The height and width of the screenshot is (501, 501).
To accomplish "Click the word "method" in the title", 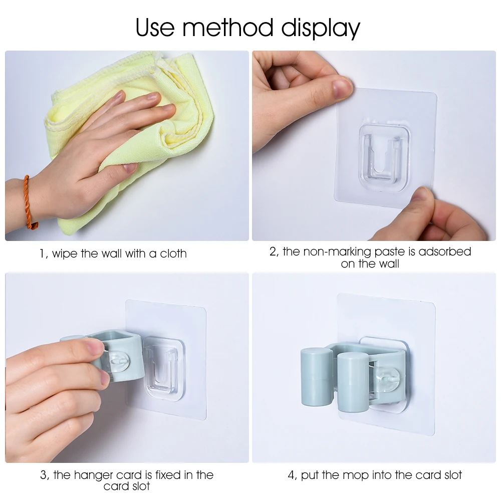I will coord(229,28).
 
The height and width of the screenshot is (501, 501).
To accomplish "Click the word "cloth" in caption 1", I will coord(173,254).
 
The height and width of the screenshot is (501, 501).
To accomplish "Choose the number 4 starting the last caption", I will coord(291,475).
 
